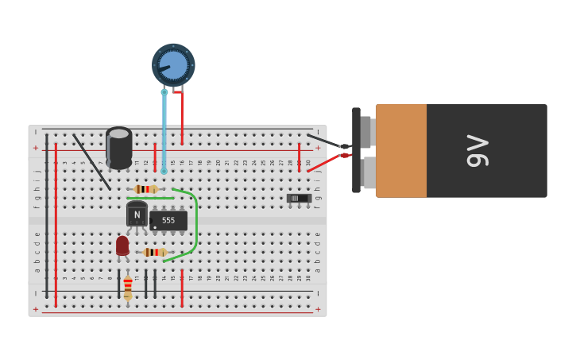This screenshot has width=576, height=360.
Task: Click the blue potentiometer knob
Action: click(x=173, y=64)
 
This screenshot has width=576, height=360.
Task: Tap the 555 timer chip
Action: click(x=168, y=220)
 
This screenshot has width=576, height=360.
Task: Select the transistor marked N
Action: click(x=137, y=214)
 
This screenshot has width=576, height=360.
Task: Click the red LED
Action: click(x=122, y=245)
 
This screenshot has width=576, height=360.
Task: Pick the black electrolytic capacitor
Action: click(x=119, y=147)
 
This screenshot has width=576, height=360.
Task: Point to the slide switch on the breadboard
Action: click(x=299, y=198)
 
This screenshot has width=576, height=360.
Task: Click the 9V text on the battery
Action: click(x=477, y=151)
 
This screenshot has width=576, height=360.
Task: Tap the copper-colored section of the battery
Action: click(x=401, y=151)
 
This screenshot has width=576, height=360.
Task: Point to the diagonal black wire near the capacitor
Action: click(x=92, y=162)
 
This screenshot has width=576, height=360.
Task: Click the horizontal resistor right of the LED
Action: click(x=154, y=252)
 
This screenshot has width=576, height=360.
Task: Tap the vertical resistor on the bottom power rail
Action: click(x=128, y=287)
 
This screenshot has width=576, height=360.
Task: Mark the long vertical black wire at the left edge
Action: click(x=47, y=215)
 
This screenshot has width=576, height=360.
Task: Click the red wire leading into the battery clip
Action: click(x=326, y=163)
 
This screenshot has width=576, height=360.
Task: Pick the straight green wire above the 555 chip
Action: click(x=150, y=198)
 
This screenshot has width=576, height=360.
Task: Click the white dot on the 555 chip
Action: click(x=155, y=227)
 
